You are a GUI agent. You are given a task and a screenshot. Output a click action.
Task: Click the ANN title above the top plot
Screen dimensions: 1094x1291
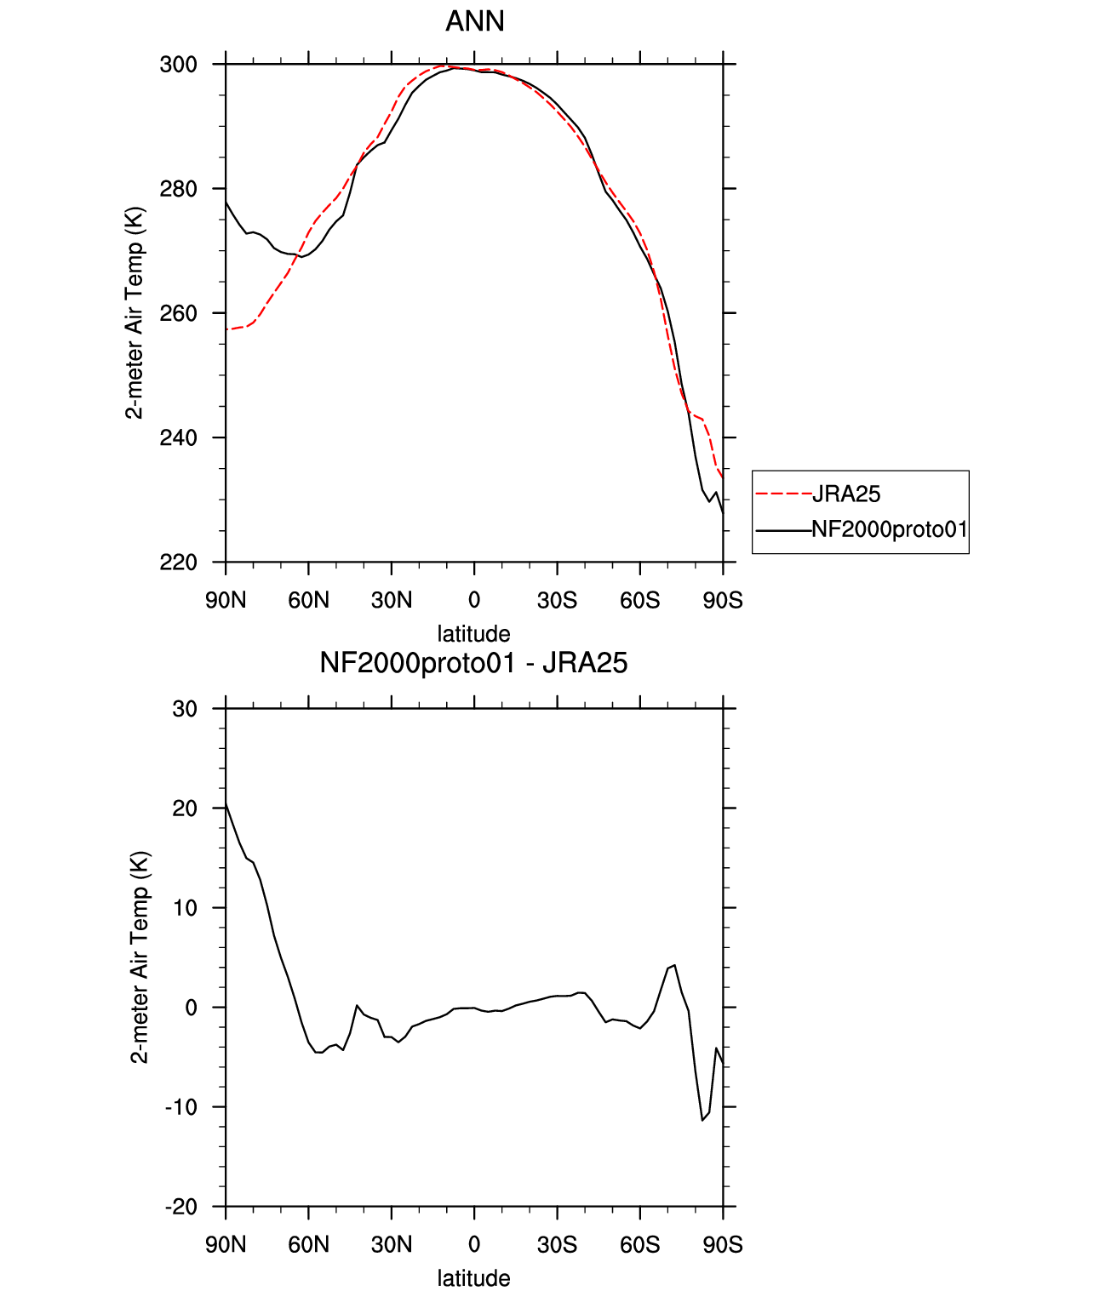coord(474,21)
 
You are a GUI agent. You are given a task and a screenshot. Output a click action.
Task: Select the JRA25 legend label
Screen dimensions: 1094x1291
coord(846,494)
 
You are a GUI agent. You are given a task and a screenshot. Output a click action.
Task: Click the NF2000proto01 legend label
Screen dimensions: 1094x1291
coord(889,529)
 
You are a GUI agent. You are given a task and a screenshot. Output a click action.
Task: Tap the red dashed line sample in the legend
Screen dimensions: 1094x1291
coord(783,494)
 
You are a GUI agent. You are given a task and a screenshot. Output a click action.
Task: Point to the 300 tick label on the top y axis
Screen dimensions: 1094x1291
coord(178,65)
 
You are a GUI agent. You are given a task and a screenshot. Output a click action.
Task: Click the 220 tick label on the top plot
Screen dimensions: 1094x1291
coord(178,563)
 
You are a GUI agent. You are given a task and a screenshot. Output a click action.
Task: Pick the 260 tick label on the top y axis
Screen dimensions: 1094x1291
coord(178,313)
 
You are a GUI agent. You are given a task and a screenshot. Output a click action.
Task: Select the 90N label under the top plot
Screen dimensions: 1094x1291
coord(226,600)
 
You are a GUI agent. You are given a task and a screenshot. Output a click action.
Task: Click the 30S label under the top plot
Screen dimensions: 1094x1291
coord(557,600)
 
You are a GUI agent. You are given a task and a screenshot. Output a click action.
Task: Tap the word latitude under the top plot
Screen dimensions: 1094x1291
coord(473,634)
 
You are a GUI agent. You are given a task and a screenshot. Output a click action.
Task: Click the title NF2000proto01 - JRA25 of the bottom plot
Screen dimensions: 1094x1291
coord(473,663)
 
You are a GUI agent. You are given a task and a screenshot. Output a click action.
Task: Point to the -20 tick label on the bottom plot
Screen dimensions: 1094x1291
coord(181,1207)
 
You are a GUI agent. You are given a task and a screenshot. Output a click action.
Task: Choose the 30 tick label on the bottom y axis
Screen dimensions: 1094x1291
coord(184,709)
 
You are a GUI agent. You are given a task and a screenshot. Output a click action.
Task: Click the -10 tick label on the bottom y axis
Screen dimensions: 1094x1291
coord(181,1106)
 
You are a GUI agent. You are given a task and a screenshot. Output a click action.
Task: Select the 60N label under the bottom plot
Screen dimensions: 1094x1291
coord(308,1245)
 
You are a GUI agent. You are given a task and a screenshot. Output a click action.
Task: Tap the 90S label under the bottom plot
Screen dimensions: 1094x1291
coord(723,1245)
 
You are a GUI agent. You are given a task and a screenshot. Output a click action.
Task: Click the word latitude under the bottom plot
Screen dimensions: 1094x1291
coord(473,1278)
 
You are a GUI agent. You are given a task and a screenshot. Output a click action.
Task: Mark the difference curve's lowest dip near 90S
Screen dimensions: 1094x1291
coord(702,1121)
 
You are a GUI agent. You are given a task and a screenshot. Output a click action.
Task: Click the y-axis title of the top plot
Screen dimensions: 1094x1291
coord(135,313)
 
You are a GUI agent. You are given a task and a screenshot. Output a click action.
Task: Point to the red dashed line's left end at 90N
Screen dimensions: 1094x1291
coord(226,329)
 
